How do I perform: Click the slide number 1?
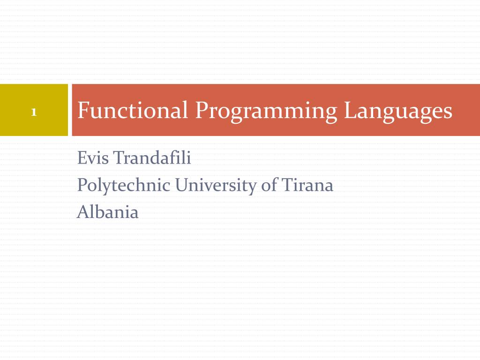[x=34, y=112]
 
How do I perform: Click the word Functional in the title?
[x=133, y=111]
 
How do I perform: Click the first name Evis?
[x=93, y=158]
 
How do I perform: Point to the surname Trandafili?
[x=152, y=158]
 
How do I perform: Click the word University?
[x=216, y=186]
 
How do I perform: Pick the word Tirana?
[x=307, y=185]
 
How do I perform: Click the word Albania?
[x=108, y=212]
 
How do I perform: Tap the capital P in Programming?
[x=201, y=111]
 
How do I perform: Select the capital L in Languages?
[x=349, y=111]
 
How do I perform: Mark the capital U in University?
[x=182, y=186]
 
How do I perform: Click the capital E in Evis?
[x=82, y=158]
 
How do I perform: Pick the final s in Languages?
[x=448, y=112]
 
